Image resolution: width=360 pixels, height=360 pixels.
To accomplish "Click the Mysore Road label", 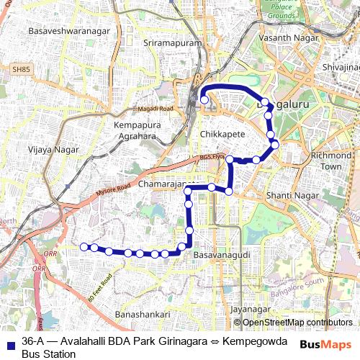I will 114,190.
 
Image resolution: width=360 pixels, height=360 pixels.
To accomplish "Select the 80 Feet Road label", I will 101,287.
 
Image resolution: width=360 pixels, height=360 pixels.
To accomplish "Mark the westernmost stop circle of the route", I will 84,247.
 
